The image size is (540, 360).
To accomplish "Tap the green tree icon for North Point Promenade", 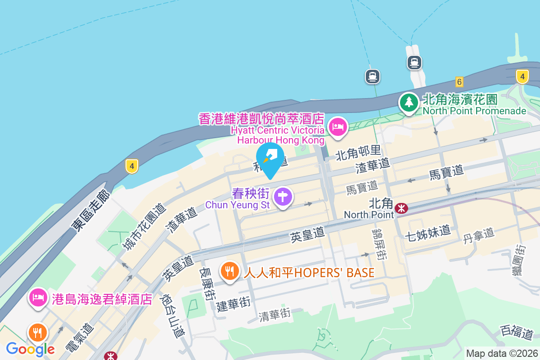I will coord(409,102).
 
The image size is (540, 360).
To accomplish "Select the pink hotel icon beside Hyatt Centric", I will coord(337,127).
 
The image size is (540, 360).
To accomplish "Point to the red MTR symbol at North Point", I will coord(400,208).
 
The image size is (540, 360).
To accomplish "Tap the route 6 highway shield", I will coord(459,81).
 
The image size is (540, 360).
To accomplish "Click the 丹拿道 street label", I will coord(479,235).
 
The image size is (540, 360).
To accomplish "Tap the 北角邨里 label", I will coord(359,155).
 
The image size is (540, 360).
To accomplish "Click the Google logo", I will coord(30,349).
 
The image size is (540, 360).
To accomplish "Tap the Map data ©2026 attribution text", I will coord(502,354).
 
